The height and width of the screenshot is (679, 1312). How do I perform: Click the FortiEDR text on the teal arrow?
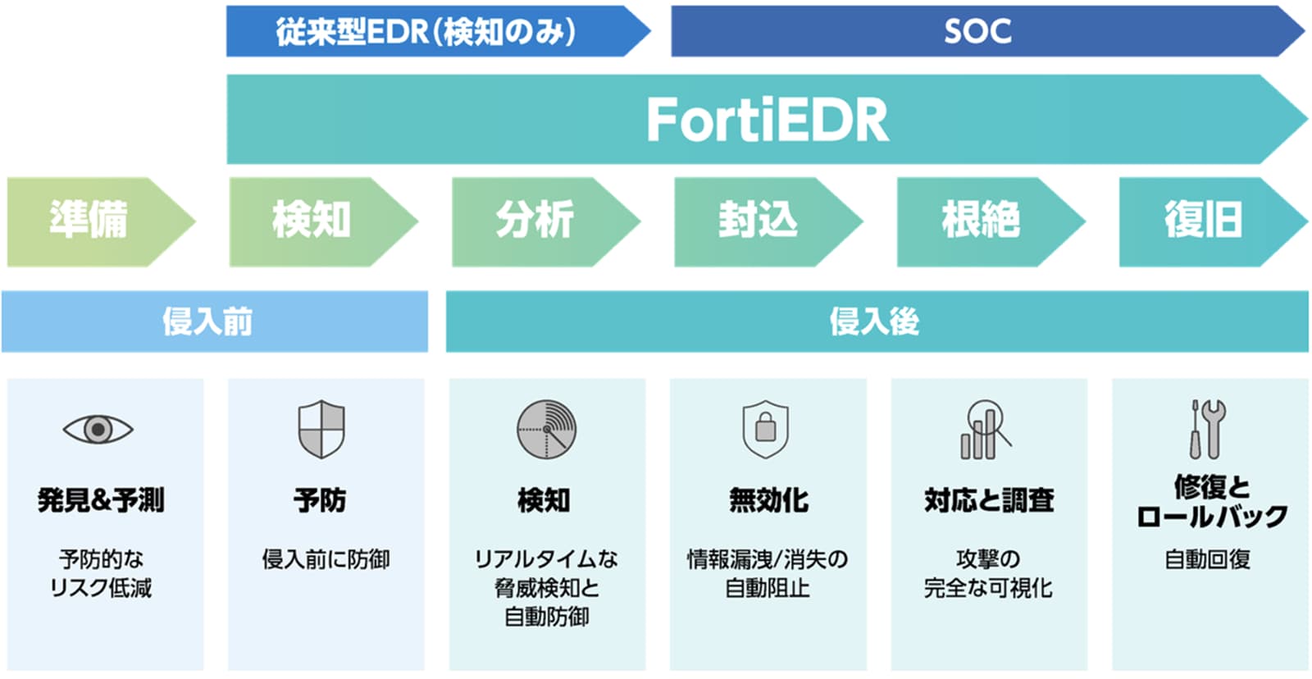pyautogui.click(x=767, y=120)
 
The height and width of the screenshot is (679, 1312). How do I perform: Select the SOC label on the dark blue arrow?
pyautogui.click(x=977, y=32)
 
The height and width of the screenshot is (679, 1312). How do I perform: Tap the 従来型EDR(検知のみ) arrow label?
pyautogui.click(x=426, y=32)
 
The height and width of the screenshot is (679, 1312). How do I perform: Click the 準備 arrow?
pyautogui.click(x=89, y=221)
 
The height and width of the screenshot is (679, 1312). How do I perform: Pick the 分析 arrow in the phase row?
pyautogui.click(x=535, y=221)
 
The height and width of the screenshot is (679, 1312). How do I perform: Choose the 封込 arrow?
pyautogui.click(x=758, y=221)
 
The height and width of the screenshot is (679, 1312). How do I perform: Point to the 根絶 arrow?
pyautogui.click(x=981, y=221)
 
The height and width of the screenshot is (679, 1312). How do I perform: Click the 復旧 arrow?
pyautogui.click(x=1203, y=221)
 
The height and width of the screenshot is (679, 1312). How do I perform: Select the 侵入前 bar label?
pyautogui.click(x=207, y=321)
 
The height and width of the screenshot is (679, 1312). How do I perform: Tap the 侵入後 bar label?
pyautogui.click(x=874, y=321)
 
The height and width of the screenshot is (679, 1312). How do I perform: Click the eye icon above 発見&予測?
pyautogui.click(x=98, y=429)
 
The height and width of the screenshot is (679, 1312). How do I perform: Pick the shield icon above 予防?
pyautogui.click(x=321, y=429)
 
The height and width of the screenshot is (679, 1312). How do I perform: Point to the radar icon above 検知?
pyautogui.click(x=546, y=429)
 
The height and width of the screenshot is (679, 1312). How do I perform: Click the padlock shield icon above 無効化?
pyautogui.click(x=765, y=428)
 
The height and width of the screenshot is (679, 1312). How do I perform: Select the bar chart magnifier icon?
pyautogui.click(x=986, y=429)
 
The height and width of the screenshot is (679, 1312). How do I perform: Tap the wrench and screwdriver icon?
pyautogui.click(x=1207, y=429)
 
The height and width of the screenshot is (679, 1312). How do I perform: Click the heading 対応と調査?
pyautogui.click(x=989, y=499)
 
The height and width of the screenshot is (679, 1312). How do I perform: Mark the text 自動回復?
pyautogui.click(x=1207, y=559)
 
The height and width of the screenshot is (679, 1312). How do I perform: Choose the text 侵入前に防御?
pyautogui.click(x=326, y=559)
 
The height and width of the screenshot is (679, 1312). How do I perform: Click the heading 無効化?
pyautogui.click(x=768, y=499)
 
